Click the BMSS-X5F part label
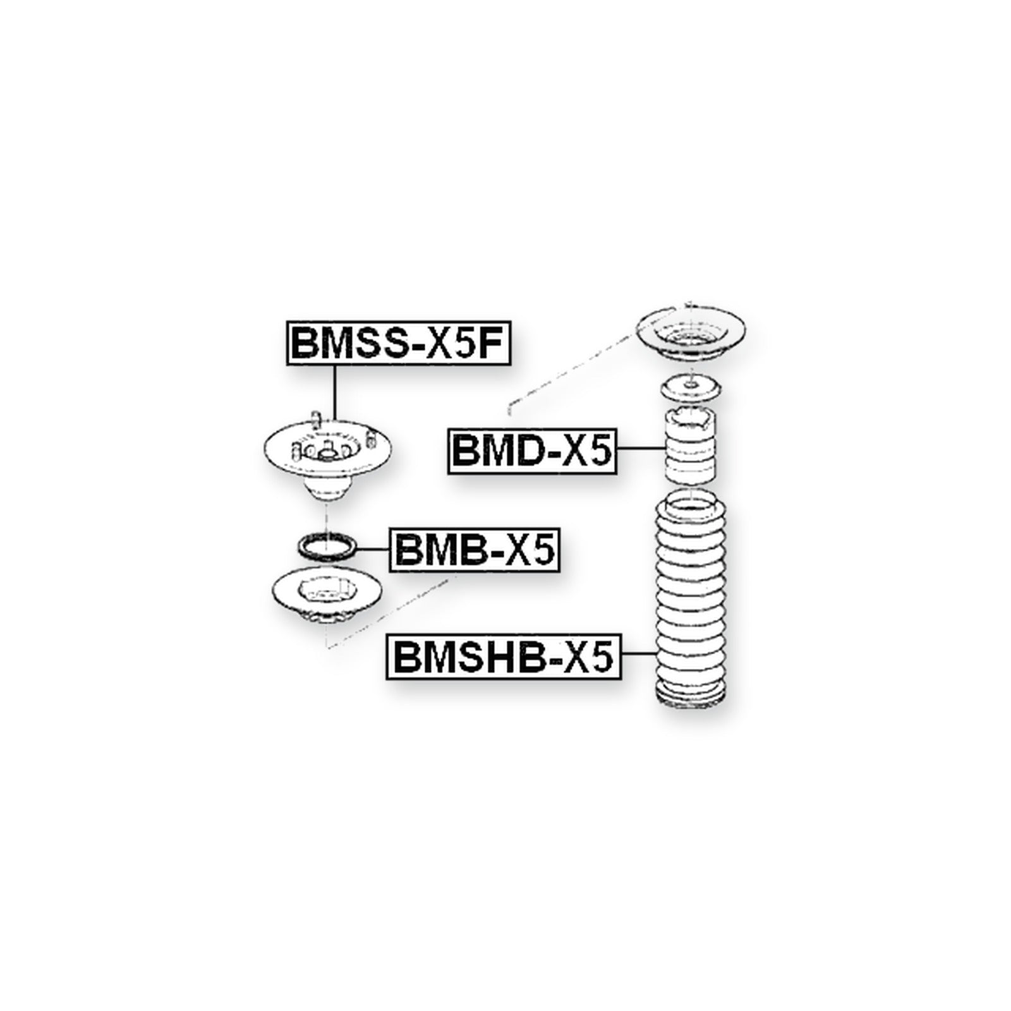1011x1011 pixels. click(397, 344)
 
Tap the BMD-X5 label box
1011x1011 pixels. click(532, 451)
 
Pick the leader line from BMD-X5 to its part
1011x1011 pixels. click(640, 449)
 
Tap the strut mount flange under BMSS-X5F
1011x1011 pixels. click(327, 452)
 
